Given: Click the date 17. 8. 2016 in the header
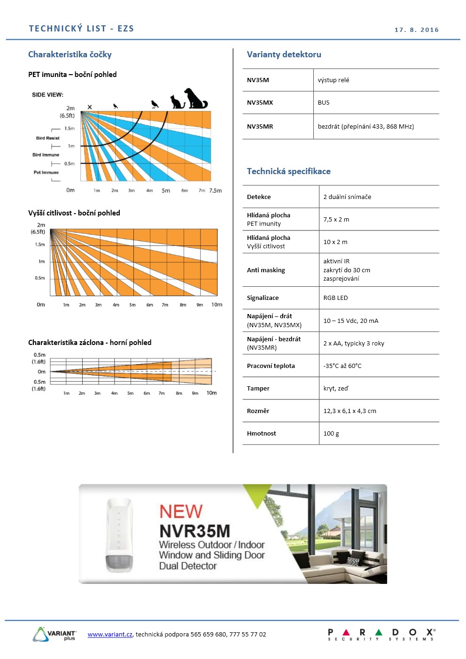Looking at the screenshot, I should [416, 30].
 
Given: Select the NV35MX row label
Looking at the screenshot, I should [260, 102].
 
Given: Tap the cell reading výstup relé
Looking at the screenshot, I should [333, 80].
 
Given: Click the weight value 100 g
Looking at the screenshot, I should [331, 433].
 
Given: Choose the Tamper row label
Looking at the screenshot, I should [258, 388].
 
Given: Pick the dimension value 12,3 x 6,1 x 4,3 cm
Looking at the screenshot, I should [349, 411].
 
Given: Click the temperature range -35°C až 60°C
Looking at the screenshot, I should [342, 366].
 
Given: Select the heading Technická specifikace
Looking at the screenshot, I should [288, 171].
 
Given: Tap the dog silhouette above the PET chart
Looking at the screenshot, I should [194, 99].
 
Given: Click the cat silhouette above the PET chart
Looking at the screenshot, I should [177, 102].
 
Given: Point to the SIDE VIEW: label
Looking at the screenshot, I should [47, 95].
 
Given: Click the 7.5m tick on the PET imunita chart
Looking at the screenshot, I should [215, 191].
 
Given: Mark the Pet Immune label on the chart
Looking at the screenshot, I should [46, 172].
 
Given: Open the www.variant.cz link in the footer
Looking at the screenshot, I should [110, 634].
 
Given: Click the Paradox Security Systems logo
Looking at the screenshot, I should [381, 635].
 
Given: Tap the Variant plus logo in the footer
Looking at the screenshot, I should [54, 635].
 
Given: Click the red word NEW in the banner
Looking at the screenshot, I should [181, 511].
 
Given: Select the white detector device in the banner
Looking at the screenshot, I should [119, 535].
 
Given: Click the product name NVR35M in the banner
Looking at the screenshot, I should [194, 531].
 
